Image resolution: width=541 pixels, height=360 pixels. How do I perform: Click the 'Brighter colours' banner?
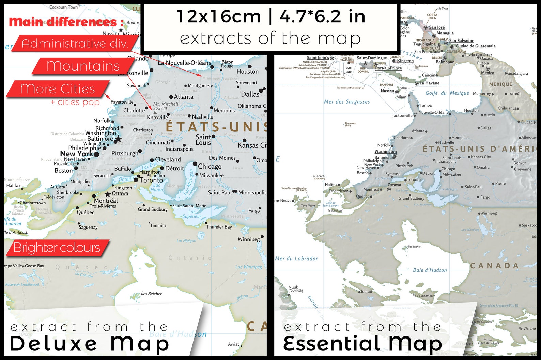[x=57, y=248]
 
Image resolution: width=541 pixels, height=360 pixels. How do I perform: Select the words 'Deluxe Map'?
[x=89, y=343]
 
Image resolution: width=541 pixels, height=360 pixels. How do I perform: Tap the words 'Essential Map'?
[x=362, y=343]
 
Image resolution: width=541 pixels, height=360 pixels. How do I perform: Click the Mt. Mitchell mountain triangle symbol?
[x=155, y=112]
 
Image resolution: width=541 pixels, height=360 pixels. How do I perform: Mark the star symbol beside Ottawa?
[x=108, y=194]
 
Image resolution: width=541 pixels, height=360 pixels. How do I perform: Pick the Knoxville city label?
[x=157, y=118]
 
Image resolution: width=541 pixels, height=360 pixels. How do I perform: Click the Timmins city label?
[x=158, y=225]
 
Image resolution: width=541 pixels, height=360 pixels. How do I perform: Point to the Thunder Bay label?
[x=219, y=227]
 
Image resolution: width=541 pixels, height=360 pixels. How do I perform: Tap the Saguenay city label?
[x=88, y=227]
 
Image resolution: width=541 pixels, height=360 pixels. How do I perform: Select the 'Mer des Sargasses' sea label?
[x=347, y=101]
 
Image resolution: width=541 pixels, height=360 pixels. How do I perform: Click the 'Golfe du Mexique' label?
[x=447, y=93]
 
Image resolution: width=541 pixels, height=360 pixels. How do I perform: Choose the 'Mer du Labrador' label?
[x=296, y=259]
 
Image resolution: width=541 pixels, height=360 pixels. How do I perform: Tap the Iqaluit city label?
[x=367, y=292]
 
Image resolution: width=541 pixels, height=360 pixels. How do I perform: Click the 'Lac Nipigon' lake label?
[x=186, y=241]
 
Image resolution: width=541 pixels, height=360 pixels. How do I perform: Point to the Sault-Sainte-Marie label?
[x=189, y=206]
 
